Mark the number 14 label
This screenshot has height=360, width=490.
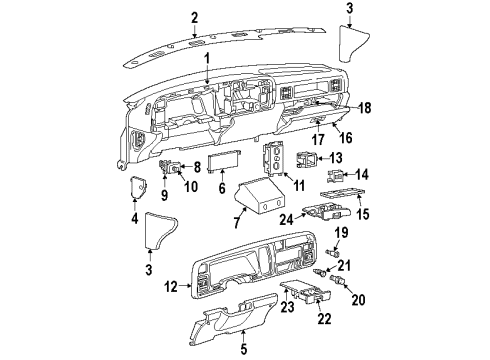(x=363, y=173)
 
